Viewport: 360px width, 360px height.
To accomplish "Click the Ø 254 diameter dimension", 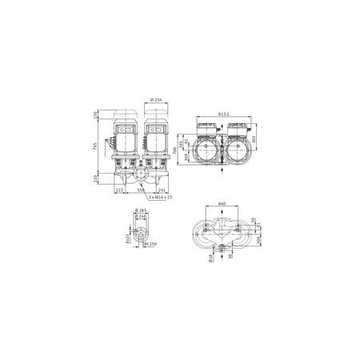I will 156,99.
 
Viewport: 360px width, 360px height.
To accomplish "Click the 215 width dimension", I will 120,190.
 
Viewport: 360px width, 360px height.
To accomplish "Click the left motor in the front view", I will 128,142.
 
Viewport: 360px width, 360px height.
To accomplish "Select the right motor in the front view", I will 155,142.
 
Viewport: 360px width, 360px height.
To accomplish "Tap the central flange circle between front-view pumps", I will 142,170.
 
